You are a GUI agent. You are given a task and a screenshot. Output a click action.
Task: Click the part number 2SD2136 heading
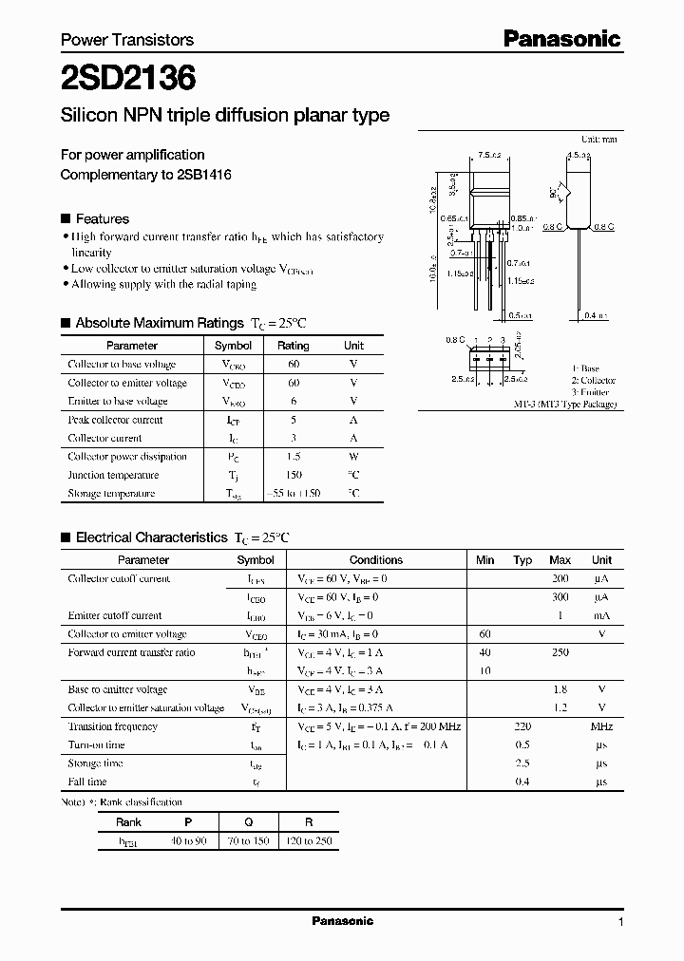pyautogui.click(x=128, y=78)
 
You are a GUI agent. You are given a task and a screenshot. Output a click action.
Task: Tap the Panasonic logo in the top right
pyautogui.click(x=561, y=39)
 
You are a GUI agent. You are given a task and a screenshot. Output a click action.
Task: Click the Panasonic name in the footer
pyautogui.click(x=343, y=920)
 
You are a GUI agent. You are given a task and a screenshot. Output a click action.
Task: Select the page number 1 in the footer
pyautogui.click(x=620, y=921)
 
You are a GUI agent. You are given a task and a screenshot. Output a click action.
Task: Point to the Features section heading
pyautogui.click(x=102, y=218)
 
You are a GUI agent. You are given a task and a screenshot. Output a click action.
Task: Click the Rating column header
pyautogui.click(x=293, y=346)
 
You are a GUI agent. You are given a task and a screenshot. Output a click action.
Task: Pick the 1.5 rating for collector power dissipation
pyautogui.click(x=293, y=457)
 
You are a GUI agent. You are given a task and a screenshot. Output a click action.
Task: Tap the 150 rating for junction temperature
pyautogui.click(x=293, y=475)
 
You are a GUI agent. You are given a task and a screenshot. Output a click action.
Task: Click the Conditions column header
pyautogui.click(x=376, y=560)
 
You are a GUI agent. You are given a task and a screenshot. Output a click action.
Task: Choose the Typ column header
pyautogui.click(x=522, y=560)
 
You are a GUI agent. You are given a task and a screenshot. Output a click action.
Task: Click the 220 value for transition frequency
pyautogui.click(x=522, y=726)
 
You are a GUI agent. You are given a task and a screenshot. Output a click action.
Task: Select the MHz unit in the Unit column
pyautogui.click(x=601, y=726)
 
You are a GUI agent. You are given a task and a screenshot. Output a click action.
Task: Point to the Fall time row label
pyautogui.click(x=87, y=782)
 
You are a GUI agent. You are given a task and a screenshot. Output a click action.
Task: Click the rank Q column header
pyautogui.click(x=248, y=822)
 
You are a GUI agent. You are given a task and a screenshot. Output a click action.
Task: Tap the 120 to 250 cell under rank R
pyautogui.click(x=307, y=841)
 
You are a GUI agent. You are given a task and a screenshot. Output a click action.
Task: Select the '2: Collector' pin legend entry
pyautogui.click(x=594, y=380)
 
